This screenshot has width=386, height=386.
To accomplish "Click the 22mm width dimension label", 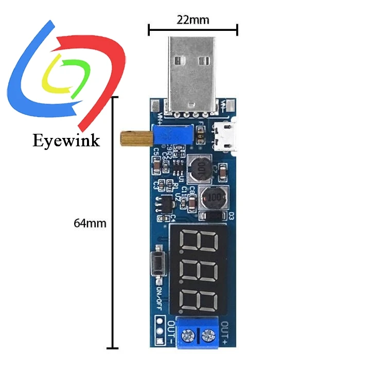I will [x=193, y=20].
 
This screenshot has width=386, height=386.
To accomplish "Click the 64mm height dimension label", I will [x=90, y=223].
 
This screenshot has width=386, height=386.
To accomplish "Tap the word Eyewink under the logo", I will [x=66, y=140].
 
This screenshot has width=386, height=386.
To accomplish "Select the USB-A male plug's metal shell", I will [x=193, y=72].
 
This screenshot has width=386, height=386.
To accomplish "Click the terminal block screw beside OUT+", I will [x=208, y=337].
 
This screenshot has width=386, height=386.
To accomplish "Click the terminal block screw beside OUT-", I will [x=186, y=337].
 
